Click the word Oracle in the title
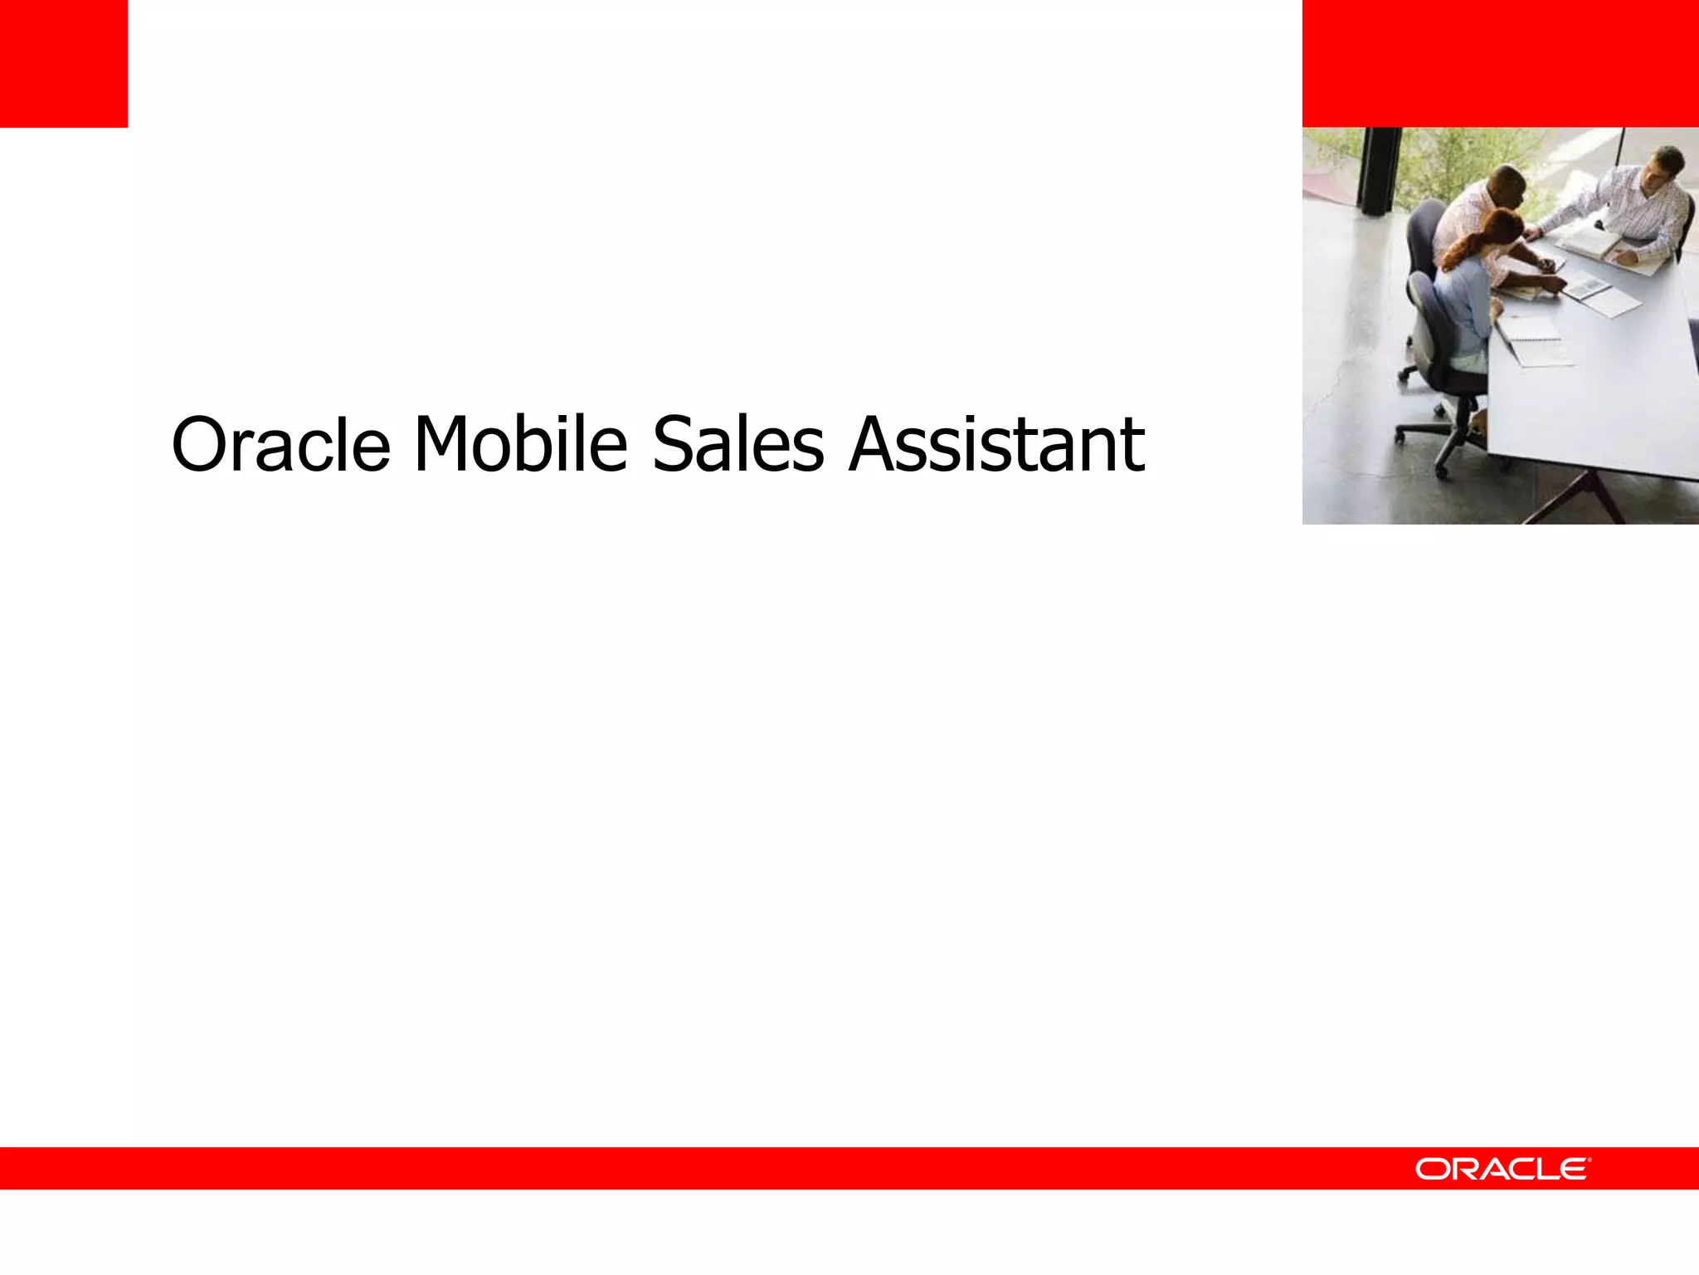[x=280, y=445]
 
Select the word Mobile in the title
[x=520, y=445]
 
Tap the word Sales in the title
[x=738, y=445]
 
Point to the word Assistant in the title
[x=996, y=445]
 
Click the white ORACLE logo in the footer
[x=1502, y=1169]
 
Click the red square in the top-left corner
[x=64, y=63]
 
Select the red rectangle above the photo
[x=1500, y=63]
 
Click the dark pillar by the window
[x=1380, y=170]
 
